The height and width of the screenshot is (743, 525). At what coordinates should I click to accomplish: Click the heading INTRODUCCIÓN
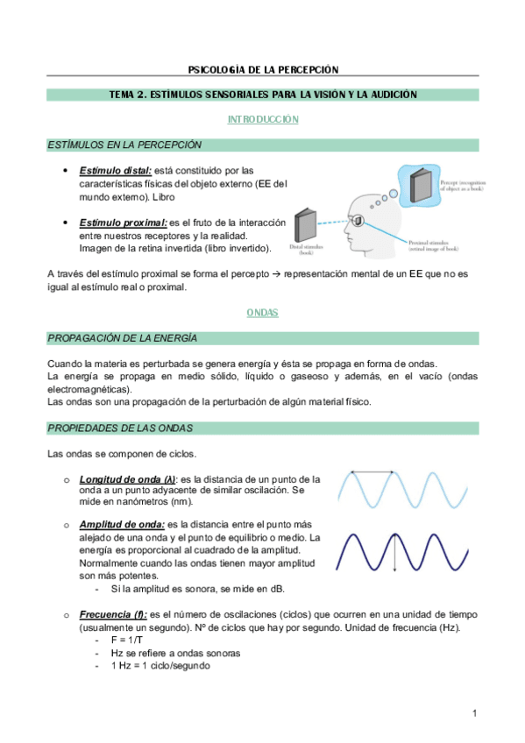coord(263,119)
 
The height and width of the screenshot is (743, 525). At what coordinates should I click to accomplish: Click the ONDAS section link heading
coord(263,312)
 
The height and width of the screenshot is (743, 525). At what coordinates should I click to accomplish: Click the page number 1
coord(474,713)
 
